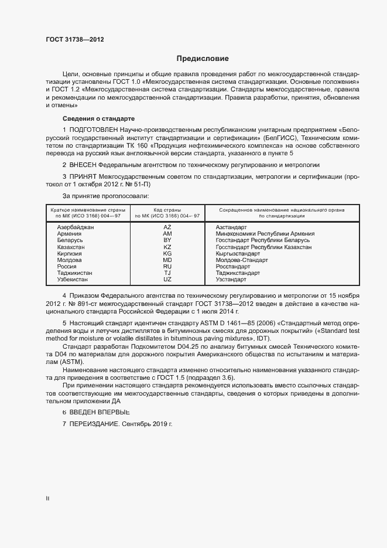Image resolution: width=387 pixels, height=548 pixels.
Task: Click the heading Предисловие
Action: coord(203,59)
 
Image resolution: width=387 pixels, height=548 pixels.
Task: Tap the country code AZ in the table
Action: coord(167,227)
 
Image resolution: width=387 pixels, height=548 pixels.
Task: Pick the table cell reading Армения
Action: coord(69,233)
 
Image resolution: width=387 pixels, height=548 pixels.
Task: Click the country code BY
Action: coord(167,240)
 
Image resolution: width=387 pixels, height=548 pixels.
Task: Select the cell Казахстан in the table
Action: coord(71,247)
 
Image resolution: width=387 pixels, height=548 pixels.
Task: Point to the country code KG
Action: coord(167,253)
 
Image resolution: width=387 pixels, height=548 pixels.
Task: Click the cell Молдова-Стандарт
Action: coord(242,260)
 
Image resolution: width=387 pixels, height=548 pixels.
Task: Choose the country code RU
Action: coord(167,266)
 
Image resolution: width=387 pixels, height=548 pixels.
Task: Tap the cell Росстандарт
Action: coord(234,266)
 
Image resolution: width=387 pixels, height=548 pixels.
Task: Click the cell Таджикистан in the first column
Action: coord(74,273)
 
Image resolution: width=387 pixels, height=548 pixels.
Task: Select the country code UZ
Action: coord(167,280)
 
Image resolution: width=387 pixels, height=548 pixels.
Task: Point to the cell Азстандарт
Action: coord(232,227)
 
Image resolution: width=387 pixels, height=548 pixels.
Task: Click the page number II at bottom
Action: coord(47,499)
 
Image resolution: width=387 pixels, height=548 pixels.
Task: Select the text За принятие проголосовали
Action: coord(105,195)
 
